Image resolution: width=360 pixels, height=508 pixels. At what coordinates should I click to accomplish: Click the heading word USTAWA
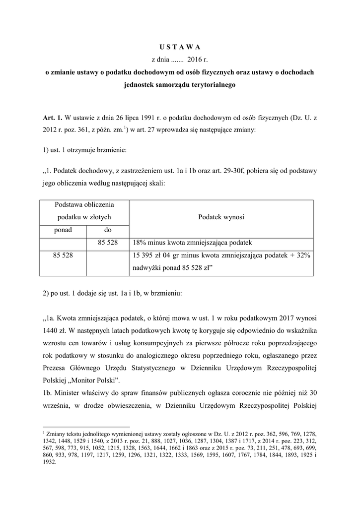(180, 47)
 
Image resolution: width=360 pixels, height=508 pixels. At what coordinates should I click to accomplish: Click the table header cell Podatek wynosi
(221, 217)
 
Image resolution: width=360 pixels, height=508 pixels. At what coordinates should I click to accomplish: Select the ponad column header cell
(63, 230)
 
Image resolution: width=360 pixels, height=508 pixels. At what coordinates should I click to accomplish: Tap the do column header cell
(108, 230)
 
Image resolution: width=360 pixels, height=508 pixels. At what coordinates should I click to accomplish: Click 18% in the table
(140, 243)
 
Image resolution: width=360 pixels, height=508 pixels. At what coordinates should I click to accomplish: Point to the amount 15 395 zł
(148, 256)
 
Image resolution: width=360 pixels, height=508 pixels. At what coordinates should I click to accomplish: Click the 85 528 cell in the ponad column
(63, 256)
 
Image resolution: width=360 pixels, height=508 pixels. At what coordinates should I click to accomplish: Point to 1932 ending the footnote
(50, 460)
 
